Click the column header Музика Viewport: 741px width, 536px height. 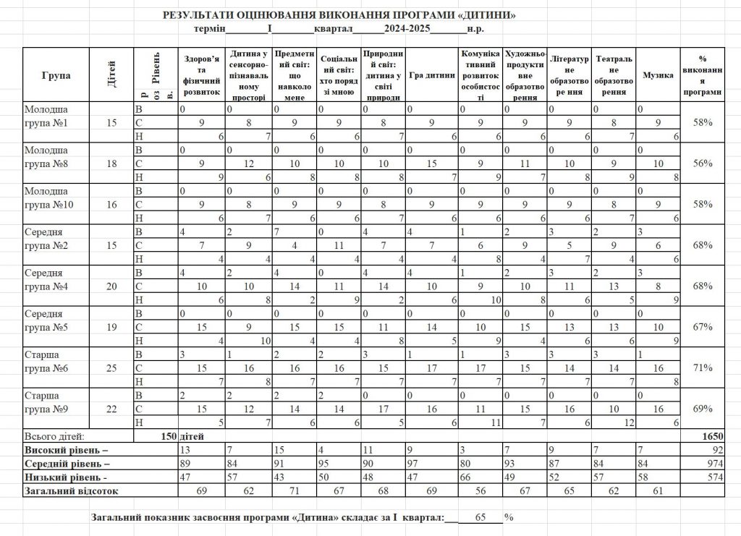657,75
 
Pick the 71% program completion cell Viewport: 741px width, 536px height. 702,368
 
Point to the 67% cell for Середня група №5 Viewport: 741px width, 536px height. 702,327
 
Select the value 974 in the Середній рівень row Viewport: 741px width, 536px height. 714,463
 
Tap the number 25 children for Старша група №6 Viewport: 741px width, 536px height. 111,368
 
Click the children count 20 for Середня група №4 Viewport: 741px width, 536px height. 111,286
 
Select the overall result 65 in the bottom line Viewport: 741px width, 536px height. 480,518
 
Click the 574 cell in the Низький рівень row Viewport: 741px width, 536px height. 714,477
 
